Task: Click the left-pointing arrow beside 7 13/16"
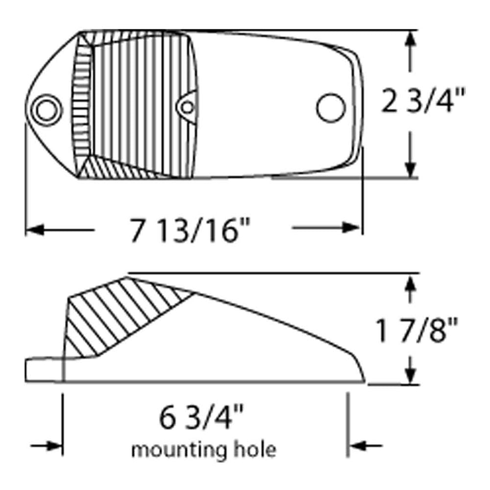(x=37, y=229)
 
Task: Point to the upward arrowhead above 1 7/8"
(x=411, y=283)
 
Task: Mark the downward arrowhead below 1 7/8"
(x=411, y=376)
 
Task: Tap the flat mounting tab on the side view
(x=44, y=370)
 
